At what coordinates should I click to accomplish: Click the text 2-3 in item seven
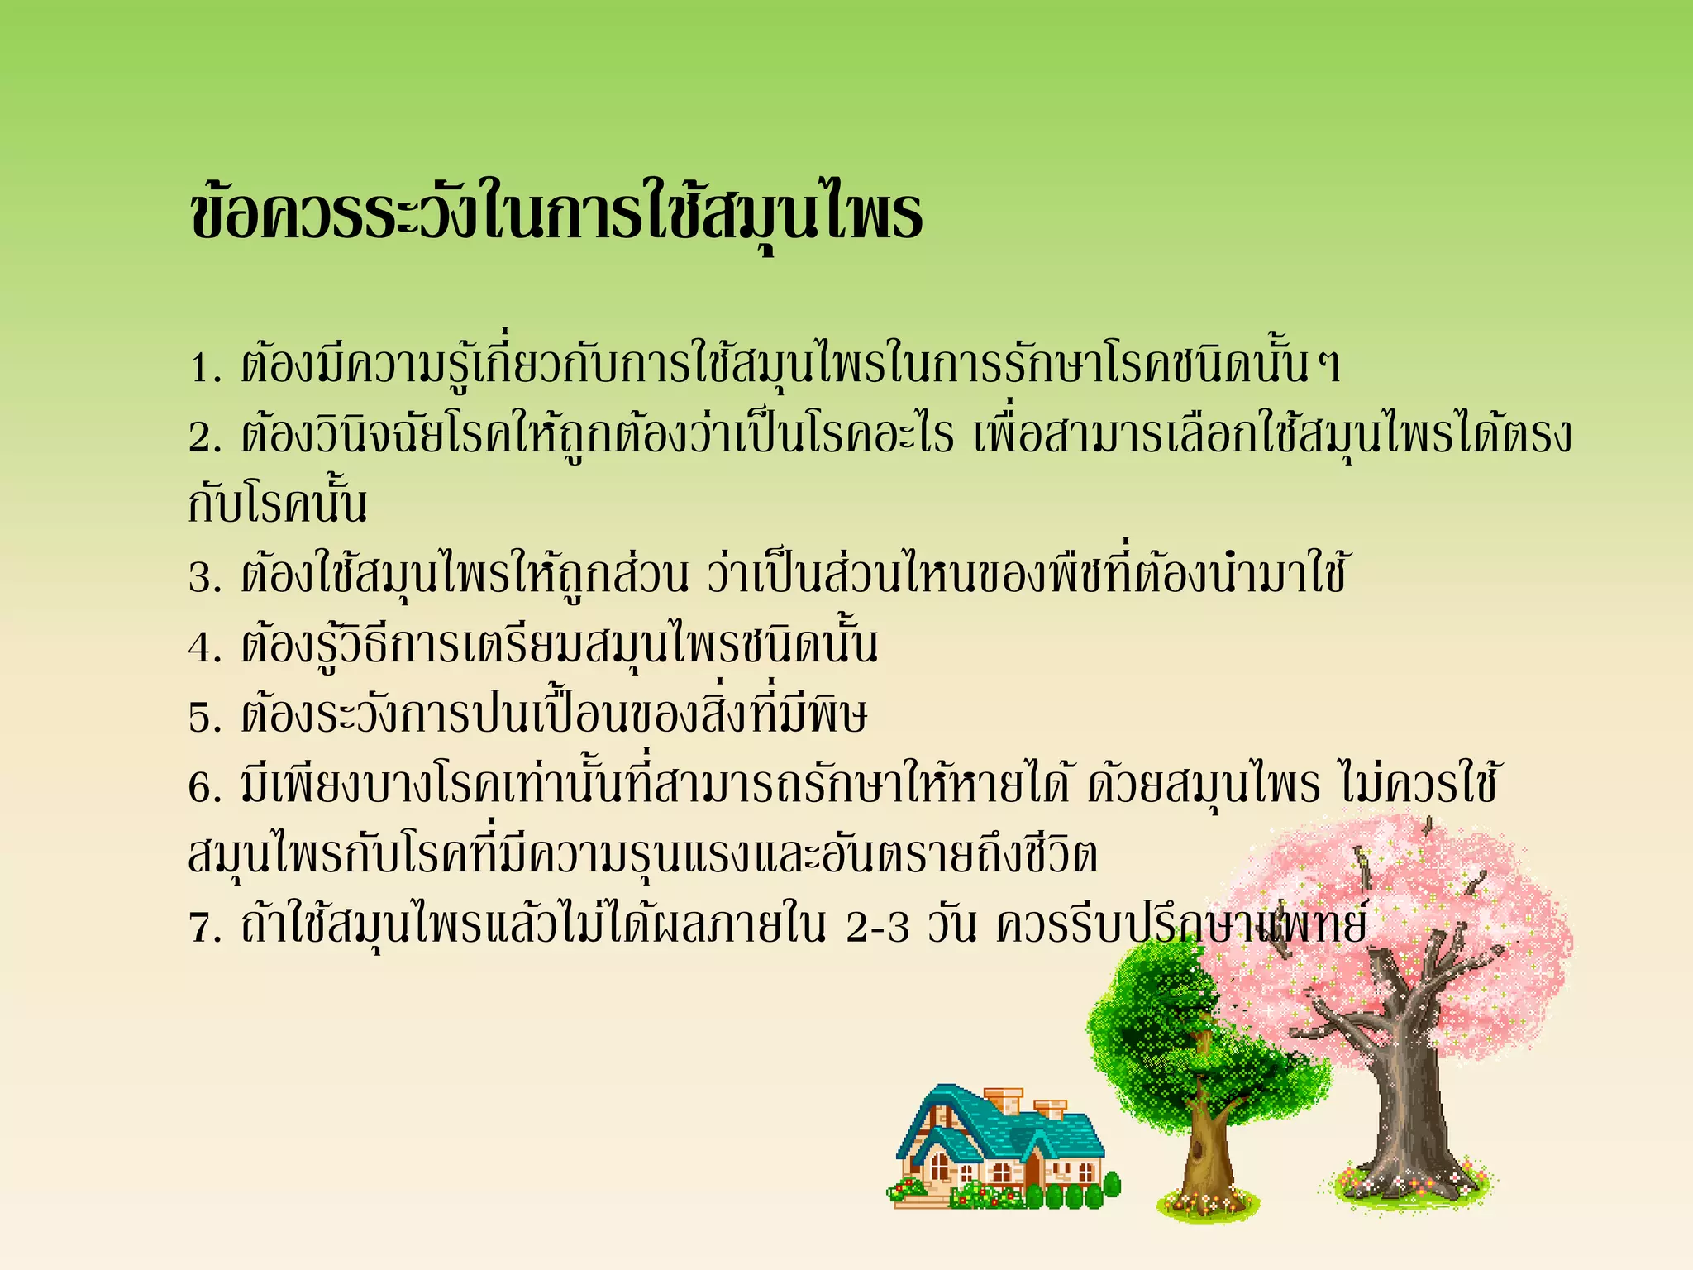(x=878, y=927)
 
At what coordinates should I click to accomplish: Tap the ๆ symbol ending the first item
(x=1328, y=367)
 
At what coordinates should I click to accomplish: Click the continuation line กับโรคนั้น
(x=278, y=504)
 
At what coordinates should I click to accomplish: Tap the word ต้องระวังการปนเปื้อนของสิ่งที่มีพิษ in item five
(x=554, y=716)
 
